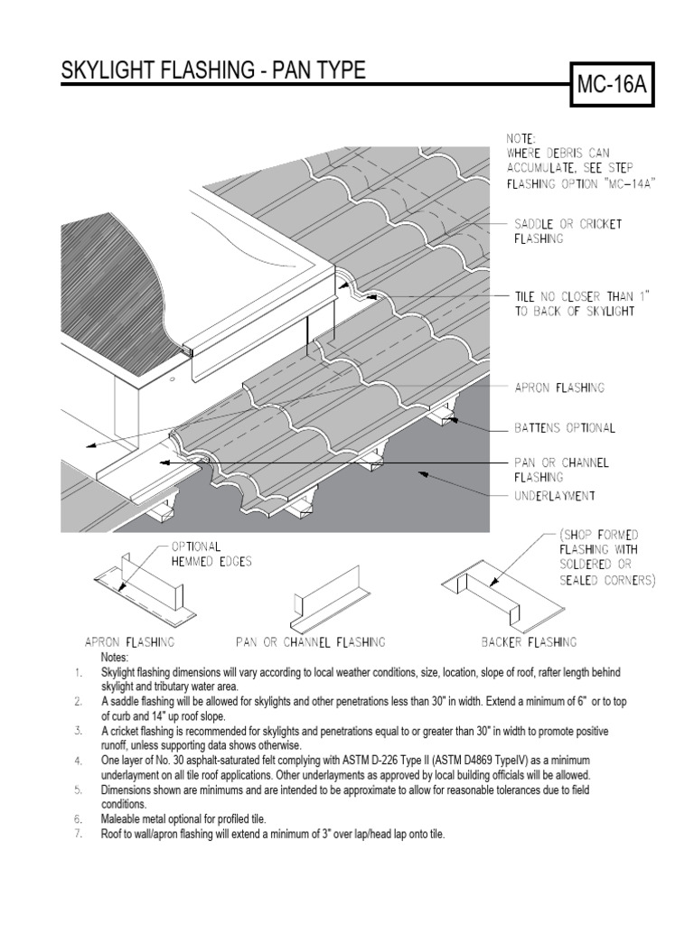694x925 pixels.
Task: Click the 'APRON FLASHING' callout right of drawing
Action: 558,388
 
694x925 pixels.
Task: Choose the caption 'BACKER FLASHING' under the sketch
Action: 529,642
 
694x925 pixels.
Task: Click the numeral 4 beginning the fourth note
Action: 79,761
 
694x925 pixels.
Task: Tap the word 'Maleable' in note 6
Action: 122,818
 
